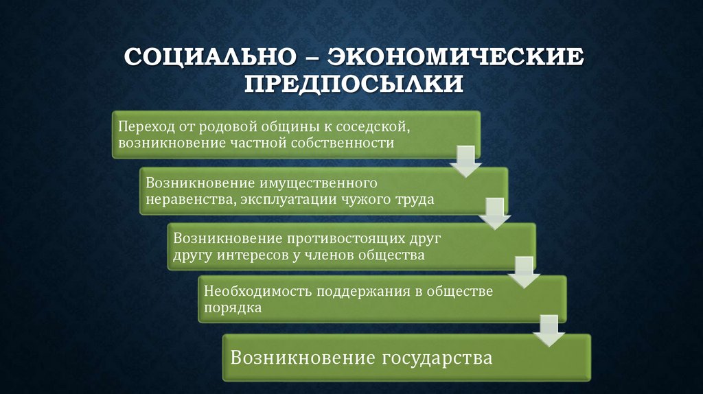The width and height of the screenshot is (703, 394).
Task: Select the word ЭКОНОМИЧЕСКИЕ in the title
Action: pyautogui.click(x=457, y=57)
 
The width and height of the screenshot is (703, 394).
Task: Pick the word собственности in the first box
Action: pyautogui.click(x=351, y=143)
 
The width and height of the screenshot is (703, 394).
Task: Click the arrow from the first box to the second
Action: pyautogui.click(x=465, y=161)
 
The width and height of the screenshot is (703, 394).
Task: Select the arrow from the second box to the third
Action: pyautogui.click(x=493, y=214)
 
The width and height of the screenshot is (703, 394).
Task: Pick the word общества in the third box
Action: pyautogui.click(x=392, y=255)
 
